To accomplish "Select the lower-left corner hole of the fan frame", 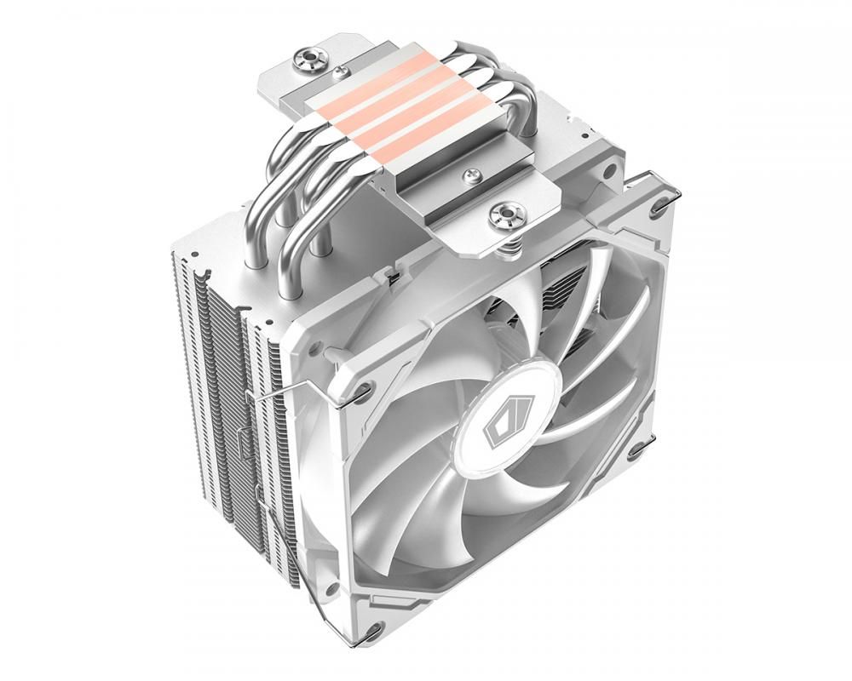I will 370,631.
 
